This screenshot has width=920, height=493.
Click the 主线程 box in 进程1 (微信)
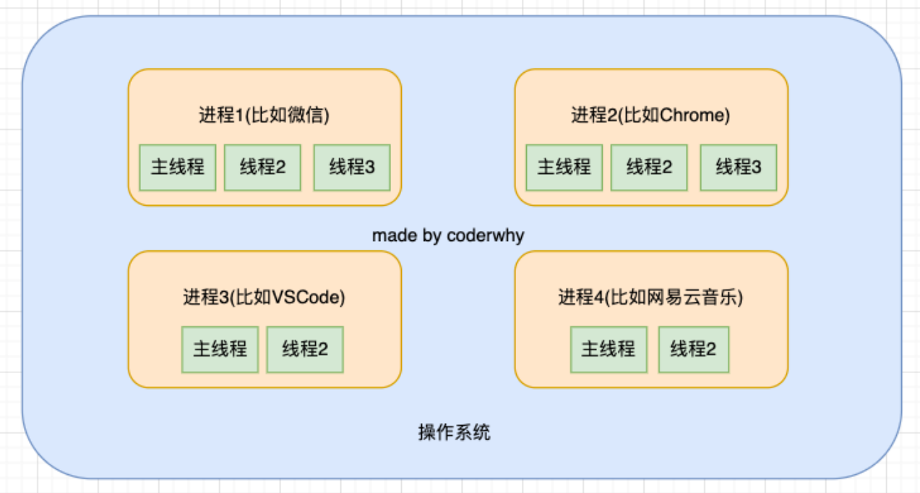pos(178,167)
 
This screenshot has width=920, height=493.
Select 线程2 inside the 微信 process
pos(262,167)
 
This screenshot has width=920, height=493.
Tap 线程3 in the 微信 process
pos(352,167)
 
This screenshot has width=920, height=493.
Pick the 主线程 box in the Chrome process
pos(564,167)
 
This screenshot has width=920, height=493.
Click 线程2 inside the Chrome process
pos(649,167)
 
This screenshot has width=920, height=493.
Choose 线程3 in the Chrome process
pos(739,167)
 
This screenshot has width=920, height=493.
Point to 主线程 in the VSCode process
pos(220,349)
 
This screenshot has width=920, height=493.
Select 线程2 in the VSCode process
pos(305,349)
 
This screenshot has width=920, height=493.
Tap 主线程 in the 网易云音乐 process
pos(609,349)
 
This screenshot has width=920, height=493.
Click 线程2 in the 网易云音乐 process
pos(694,349)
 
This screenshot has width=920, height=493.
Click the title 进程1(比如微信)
pos(264,115)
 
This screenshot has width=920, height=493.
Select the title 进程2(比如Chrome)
pos(650,115)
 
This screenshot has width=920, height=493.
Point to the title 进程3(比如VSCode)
pos(264,297)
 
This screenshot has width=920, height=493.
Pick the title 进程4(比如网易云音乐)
pos(650,297)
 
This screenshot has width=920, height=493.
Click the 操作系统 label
pos(455,433)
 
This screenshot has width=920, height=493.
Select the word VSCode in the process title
pos(315,297)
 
